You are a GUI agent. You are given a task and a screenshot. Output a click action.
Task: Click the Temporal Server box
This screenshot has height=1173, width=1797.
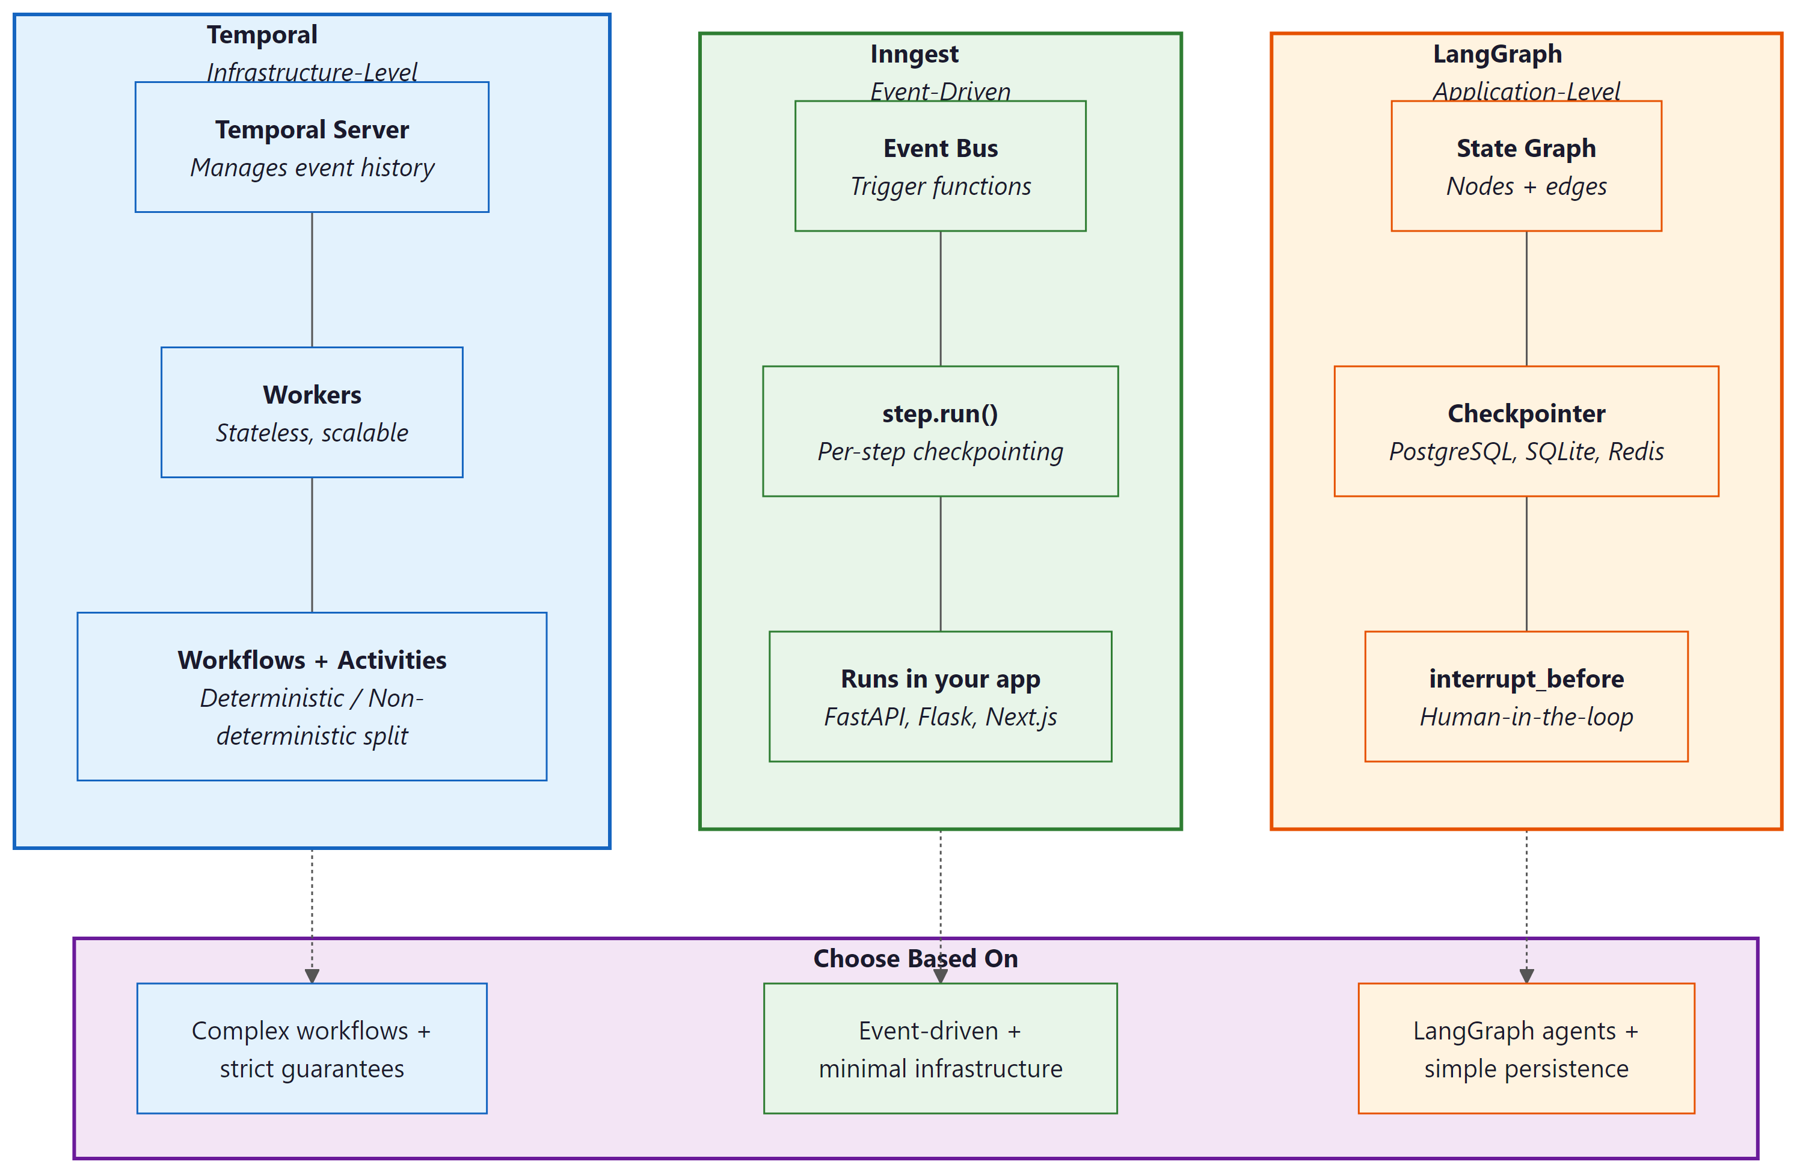tap(312, 147)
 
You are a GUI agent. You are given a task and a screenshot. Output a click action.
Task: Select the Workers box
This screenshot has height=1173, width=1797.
tap(312, 413)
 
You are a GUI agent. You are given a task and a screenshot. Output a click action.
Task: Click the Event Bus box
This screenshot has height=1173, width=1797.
tap(940, 166)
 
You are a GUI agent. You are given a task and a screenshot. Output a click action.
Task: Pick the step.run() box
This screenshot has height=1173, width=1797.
tap(940, 431)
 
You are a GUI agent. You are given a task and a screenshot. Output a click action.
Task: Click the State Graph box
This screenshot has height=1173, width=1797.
tap(1526, 166)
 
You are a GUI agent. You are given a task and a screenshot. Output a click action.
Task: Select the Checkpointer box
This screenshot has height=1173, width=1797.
tap(1526, 431)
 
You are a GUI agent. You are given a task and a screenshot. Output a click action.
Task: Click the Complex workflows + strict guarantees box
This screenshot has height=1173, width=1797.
tap(312, 1048)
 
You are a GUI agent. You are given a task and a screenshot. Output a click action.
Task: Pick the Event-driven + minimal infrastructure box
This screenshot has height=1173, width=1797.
tap(940, 1048)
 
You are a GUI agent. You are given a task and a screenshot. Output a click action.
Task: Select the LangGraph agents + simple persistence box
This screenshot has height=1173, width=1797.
tap(1526, 1048)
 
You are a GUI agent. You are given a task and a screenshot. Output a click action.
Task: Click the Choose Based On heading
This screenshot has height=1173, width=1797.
tap(915, 958)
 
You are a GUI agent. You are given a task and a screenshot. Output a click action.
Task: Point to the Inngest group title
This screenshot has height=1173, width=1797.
tap(914, 54)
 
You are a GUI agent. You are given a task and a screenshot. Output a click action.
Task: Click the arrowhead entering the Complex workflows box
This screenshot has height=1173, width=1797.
tap(312, 976)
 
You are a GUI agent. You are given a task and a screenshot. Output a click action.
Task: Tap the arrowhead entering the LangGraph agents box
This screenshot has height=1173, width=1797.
tap(1526, 976)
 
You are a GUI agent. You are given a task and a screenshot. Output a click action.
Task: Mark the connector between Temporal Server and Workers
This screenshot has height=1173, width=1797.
tap(312, 280)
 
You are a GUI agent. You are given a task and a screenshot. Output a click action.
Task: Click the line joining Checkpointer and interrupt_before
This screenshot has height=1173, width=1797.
tap(1526, 564)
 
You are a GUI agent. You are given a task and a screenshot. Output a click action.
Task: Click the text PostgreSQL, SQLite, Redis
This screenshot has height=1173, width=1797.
tap(1526, 451)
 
